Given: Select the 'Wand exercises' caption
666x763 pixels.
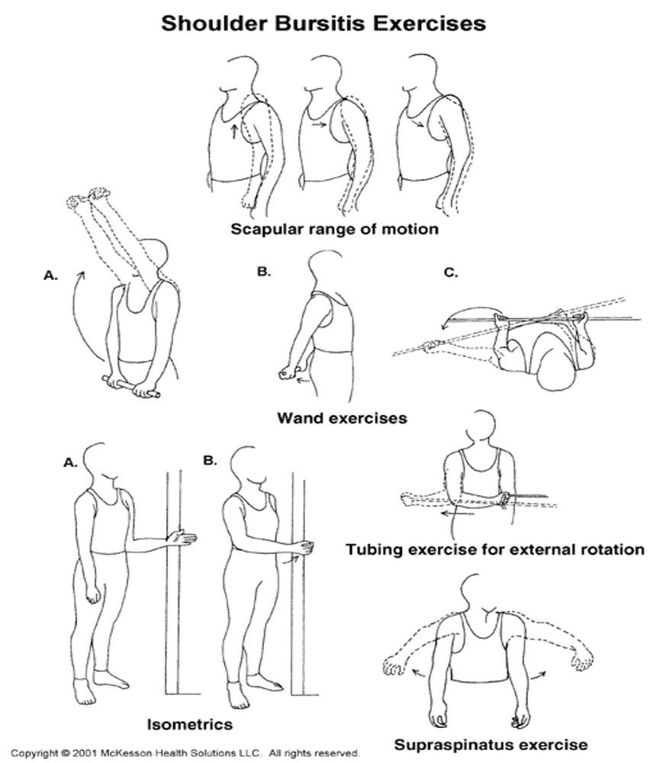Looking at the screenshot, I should pos(341,417).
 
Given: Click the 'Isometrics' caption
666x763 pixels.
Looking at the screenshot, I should pos(190,721).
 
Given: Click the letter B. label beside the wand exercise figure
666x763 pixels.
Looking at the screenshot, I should pos(264,271).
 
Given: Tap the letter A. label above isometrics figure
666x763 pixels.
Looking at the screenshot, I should pos(70,461).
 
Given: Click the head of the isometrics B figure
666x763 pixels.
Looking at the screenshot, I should pos(249,463).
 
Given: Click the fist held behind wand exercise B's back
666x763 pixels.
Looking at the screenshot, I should pos(288,372).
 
